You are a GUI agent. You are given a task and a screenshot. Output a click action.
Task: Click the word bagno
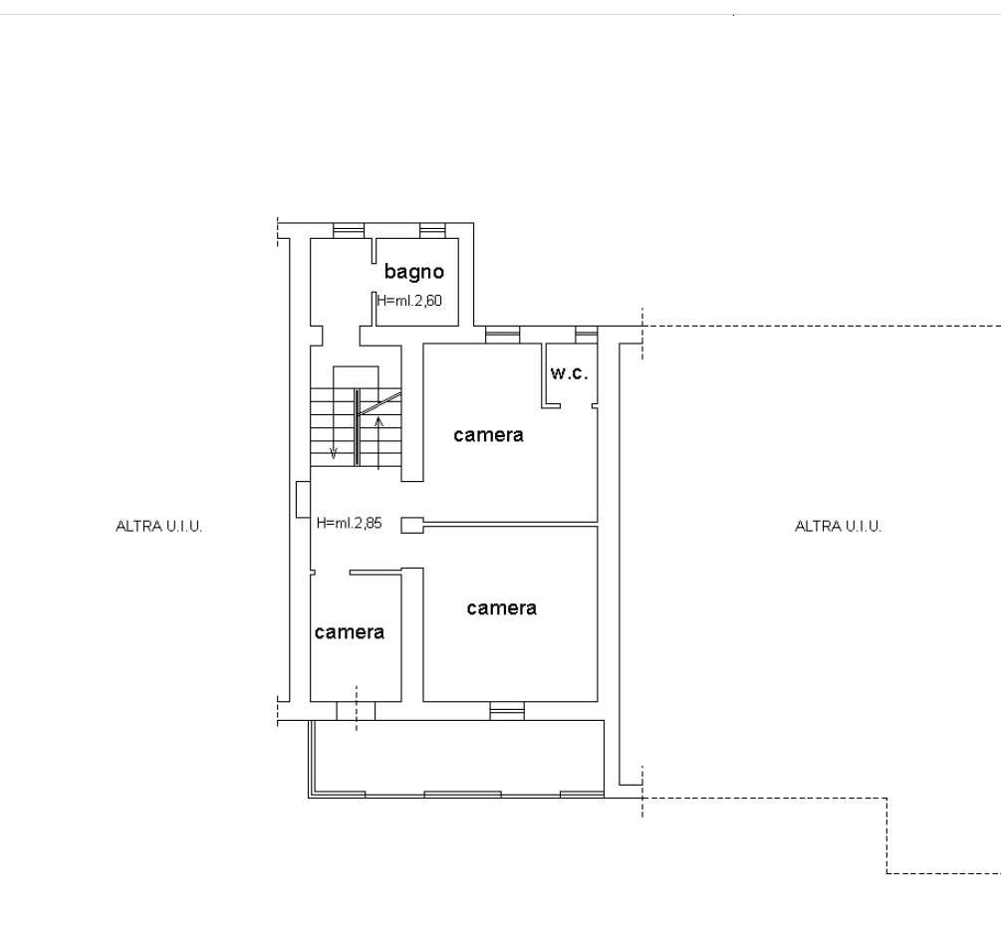pos(413,273)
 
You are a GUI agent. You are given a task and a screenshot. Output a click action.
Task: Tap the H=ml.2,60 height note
pos(409,301)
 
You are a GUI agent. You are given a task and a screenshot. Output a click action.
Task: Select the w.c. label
pos(569,373)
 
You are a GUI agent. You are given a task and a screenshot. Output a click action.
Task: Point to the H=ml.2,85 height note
pos(350,523)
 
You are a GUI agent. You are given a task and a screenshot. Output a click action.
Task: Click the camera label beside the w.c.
pos(488,435)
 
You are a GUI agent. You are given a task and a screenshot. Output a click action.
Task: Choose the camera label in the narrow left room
pos(350,632)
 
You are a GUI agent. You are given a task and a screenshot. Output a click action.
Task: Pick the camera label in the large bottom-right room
pos(501,608)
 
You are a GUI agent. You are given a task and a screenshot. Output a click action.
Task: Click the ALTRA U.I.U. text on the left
pos(159,527)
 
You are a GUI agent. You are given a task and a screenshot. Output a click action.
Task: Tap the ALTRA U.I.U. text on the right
pos(839,527)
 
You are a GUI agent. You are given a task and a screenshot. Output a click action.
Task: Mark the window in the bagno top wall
pos(433,230)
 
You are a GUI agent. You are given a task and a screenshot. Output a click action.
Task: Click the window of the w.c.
pos(586,335)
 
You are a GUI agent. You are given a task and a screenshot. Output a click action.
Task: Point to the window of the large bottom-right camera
pos(507,711)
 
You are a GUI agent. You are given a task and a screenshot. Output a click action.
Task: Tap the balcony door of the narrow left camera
pos(356,711)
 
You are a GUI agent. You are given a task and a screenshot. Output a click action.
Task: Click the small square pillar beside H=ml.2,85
pos(411,525)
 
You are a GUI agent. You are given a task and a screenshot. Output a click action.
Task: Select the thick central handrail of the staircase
pos(357,427)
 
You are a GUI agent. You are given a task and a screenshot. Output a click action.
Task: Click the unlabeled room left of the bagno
pos(342,282)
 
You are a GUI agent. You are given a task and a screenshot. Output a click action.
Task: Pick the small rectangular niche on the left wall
pos(303,499)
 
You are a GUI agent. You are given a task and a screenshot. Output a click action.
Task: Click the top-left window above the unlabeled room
pos(349,230)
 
